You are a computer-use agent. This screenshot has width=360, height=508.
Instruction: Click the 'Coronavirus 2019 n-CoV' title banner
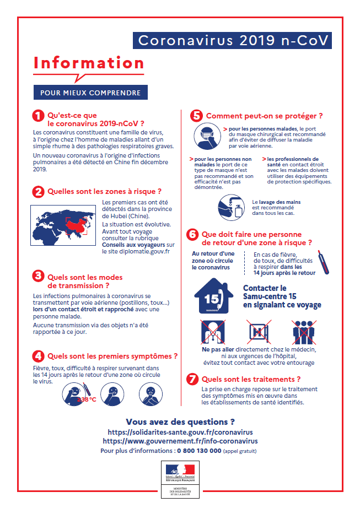[x=233, y=41]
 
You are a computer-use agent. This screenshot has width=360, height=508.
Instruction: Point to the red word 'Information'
[x=89, y=62]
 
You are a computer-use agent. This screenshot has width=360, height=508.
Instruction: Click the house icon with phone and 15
[x=214, y=296]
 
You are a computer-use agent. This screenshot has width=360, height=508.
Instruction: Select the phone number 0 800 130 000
[x=199, y=450]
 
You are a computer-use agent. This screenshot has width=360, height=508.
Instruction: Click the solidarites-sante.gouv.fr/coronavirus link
[x=180, y=432]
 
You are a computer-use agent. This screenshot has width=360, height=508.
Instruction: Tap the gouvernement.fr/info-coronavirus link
[x=180, y=441]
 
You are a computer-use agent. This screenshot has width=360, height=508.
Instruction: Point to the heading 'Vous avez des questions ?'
[x=180, y=422]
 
